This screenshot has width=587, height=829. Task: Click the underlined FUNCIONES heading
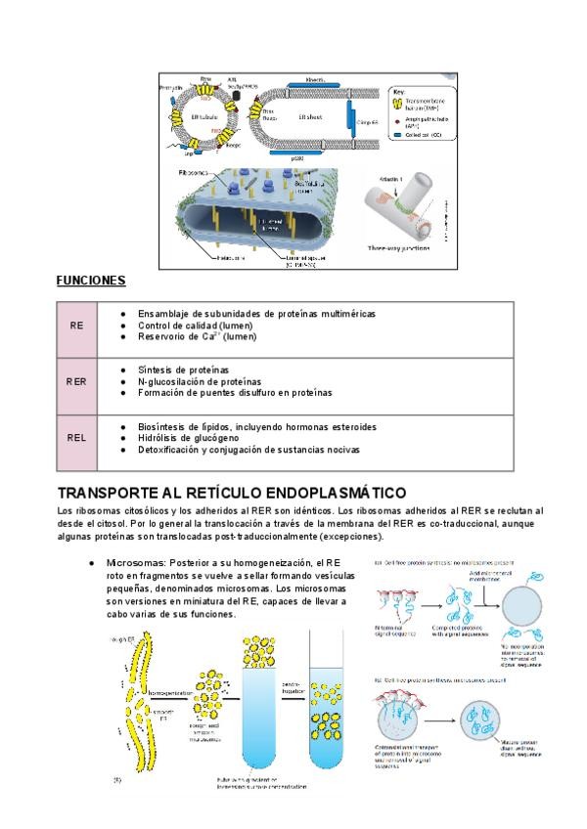91,281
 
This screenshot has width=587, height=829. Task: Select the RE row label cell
76,325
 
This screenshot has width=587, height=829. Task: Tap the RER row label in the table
76,381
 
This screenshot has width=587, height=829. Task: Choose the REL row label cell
76,438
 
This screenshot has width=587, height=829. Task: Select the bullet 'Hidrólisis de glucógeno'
190,438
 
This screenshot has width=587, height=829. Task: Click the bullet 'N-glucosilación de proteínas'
200,381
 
